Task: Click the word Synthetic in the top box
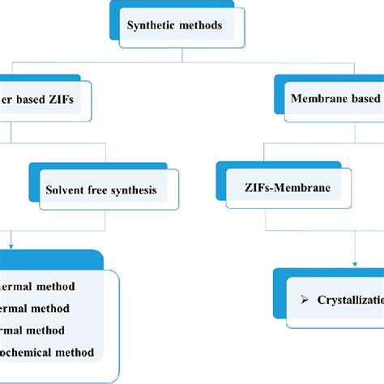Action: (x=151, y=24)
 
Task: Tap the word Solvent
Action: (x=65, y=192)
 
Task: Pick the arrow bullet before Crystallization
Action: (x=305, y=300)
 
